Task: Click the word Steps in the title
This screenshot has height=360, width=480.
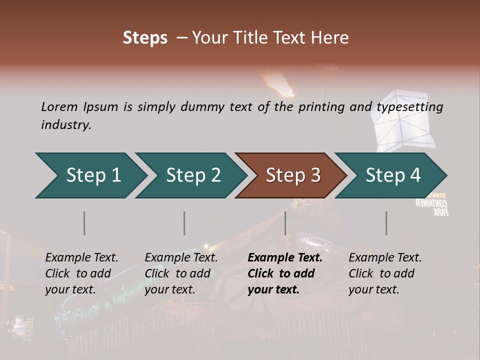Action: pyautogui.click(x=145, y=38)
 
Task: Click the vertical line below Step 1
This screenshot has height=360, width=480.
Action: pyautogui.click(x=84, y=223)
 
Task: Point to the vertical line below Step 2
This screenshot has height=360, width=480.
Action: pyautogui.click(x=184, y=223)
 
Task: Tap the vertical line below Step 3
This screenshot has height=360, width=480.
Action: pyautogui.click(x=285, y=223)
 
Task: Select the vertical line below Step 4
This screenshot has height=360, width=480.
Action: pyautogui.click(x=386, y=223)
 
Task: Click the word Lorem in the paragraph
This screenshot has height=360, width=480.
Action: pyautogui.click(x=59, y=106)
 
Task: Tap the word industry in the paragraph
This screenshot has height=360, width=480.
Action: pyautogui.click(x=65, y=124)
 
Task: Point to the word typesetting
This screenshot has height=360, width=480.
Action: pyautogui.click(x=409, y=106)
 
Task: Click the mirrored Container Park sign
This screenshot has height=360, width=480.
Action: pyautogui.click(x=433, y=205)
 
